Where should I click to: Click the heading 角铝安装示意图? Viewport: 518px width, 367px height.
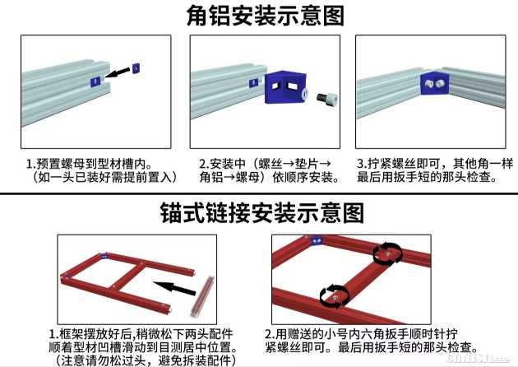pyautogui.click(x=266, y=16)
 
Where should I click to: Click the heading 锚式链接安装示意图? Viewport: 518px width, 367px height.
pyautogui.click(x=262, y=213)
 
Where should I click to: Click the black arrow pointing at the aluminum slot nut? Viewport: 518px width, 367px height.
pyautogui.click(x=118, y=72)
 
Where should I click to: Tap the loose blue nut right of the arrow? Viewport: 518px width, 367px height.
pyautogui.click(x=136, y=67)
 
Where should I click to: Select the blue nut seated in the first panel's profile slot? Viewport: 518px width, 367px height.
pyautogui.click(x=95, y=81)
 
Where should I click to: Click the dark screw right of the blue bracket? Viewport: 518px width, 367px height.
pyautogui.click(x=327, y=98)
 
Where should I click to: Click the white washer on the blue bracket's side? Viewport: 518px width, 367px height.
pyautogui.click(x=304, y=93)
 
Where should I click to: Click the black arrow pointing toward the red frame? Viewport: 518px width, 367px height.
pyautogui.click(x=174, y=288)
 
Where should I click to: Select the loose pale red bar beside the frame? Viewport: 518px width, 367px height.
pyautogui.click(x=201, y=296)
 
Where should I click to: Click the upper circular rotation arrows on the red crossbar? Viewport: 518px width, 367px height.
pyautogui.click(x=388, y=253)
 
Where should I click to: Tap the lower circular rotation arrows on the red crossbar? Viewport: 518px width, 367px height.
pyautogui.click(x=335, y=296)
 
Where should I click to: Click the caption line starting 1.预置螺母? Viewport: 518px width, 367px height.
pyautogui.click(x=89, y=163)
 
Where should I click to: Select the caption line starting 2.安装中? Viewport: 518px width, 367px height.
pyautogui.click(x=265, y=163)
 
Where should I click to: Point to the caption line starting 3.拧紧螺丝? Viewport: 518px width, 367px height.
pyautogui.click(x=435, y=163)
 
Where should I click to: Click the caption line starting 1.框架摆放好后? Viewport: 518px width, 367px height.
pyautogui.click(x=141, y=333)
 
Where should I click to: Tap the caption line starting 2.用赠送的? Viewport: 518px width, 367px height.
pyautogui.click(x=361, y=333)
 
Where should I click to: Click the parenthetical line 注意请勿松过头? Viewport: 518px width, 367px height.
pyautogui.click(x=146, y=360)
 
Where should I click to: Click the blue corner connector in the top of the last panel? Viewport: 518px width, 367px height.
pyautogui.click(x=317, y=240)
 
